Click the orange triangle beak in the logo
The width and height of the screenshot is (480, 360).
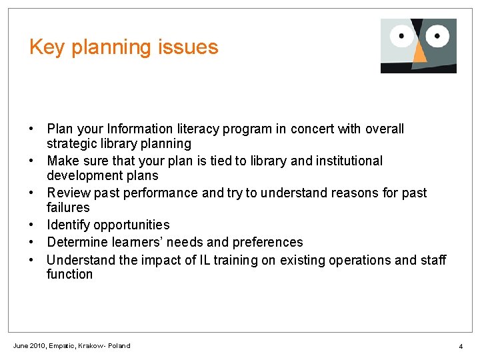419,54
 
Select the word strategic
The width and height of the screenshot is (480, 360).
72,144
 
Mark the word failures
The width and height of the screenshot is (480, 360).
68,208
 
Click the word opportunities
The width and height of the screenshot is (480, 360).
133,225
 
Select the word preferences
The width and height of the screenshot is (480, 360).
267,242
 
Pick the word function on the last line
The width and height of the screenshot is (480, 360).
70,275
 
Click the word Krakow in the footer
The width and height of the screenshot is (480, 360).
91,346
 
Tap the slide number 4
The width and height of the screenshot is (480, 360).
460,347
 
